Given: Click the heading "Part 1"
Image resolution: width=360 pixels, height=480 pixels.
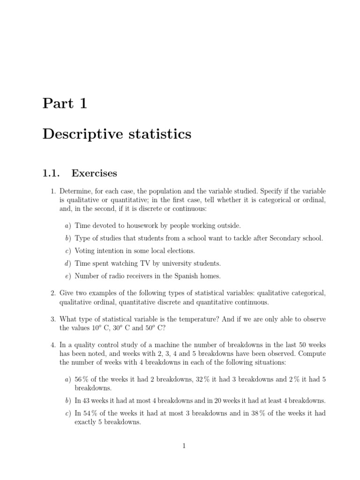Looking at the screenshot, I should point(65,104).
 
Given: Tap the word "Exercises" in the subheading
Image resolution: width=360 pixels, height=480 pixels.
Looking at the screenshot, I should point(94,173).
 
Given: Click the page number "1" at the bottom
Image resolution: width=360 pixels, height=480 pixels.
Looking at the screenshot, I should point(184,446).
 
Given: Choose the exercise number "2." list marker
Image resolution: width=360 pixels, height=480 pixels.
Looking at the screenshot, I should point(53,293).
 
